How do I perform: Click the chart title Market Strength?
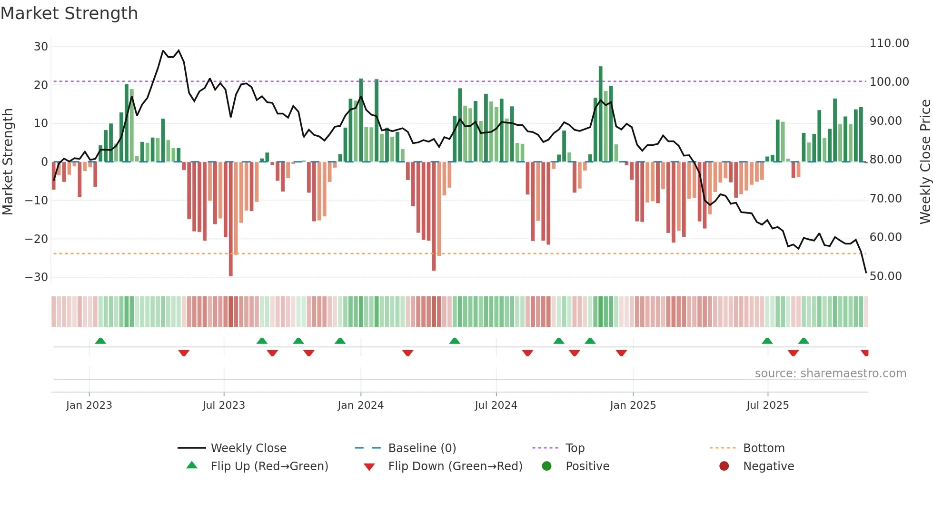pos(69,13)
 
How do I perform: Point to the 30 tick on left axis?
pos(41,47)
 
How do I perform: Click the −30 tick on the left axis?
pos(37,277)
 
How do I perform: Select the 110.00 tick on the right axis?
pos(889,43)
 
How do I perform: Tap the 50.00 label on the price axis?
pos(885,276)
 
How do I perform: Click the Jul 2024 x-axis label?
pos(496,405)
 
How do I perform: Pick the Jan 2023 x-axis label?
pos(89,405)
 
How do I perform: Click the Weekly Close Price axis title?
pos(925,162)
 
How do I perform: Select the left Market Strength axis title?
pos(8,162)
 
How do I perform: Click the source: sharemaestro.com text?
pos(830,374)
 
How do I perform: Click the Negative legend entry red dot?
pos(724,466)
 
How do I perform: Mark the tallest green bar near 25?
pos(601,114)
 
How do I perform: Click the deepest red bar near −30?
pos(231,219)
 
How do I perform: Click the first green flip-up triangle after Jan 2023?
pos(100,341)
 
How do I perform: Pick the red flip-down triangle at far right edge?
pos(865,353)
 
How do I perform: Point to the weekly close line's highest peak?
pos(179,50)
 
